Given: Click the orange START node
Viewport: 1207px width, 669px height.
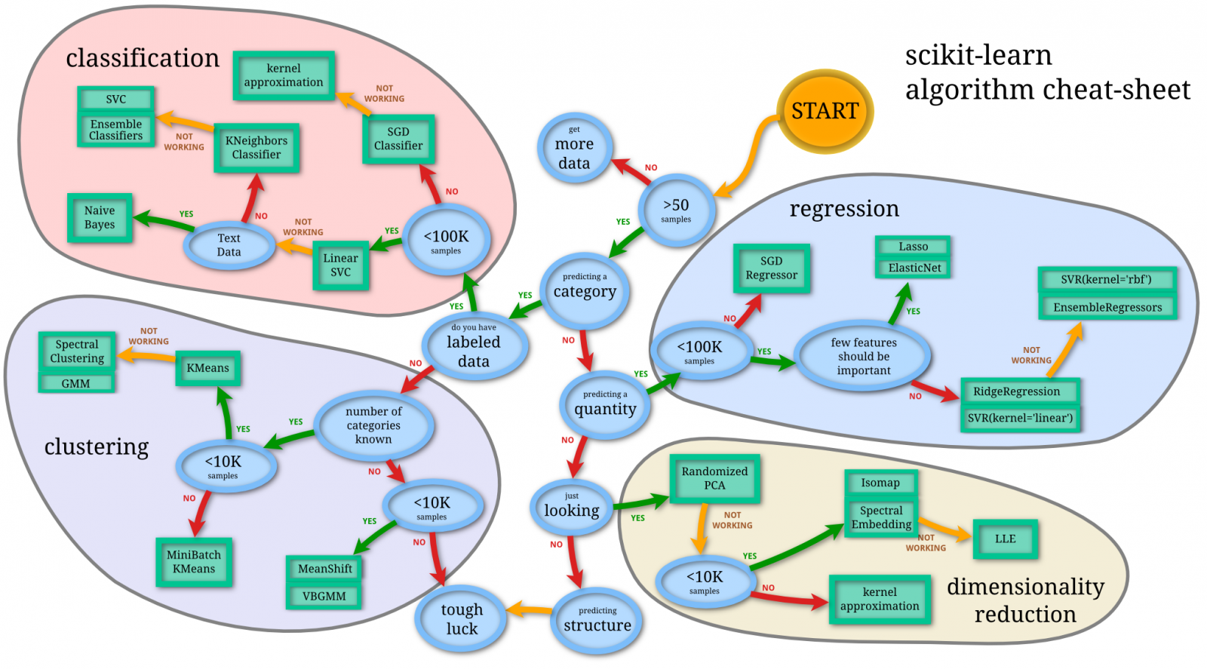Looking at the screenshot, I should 825,112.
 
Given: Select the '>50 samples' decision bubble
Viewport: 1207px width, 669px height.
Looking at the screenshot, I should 676,210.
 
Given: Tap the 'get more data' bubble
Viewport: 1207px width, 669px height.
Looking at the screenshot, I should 574,149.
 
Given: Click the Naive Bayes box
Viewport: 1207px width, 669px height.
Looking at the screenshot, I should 100,217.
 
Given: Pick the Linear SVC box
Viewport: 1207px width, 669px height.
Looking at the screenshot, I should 340,265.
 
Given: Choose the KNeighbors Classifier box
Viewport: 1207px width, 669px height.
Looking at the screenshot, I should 256,148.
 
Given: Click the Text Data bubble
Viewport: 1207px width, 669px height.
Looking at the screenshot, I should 229,245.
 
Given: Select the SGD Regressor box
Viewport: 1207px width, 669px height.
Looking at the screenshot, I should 771,269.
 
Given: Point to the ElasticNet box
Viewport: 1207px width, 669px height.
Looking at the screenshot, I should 914,268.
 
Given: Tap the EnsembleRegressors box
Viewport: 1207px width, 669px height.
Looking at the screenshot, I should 1107,307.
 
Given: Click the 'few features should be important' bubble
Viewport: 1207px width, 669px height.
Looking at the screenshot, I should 863,356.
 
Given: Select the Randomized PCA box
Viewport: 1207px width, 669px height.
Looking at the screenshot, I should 714,478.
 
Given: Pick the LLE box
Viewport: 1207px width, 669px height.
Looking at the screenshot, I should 1005,539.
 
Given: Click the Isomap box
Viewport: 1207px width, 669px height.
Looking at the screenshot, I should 880,483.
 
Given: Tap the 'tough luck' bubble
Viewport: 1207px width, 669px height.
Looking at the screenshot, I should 461,619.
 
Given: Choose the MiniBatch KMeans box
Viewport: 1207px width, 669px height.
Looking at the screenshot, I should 194,562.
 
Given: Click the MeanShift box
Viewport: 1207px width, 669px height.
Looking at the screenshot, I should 324,569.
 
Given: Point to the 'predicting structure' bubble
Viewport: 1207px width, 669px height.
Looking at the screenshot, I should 597,620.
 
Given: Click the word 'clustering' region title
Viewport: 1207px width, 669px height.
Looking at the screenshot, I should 97,447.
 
